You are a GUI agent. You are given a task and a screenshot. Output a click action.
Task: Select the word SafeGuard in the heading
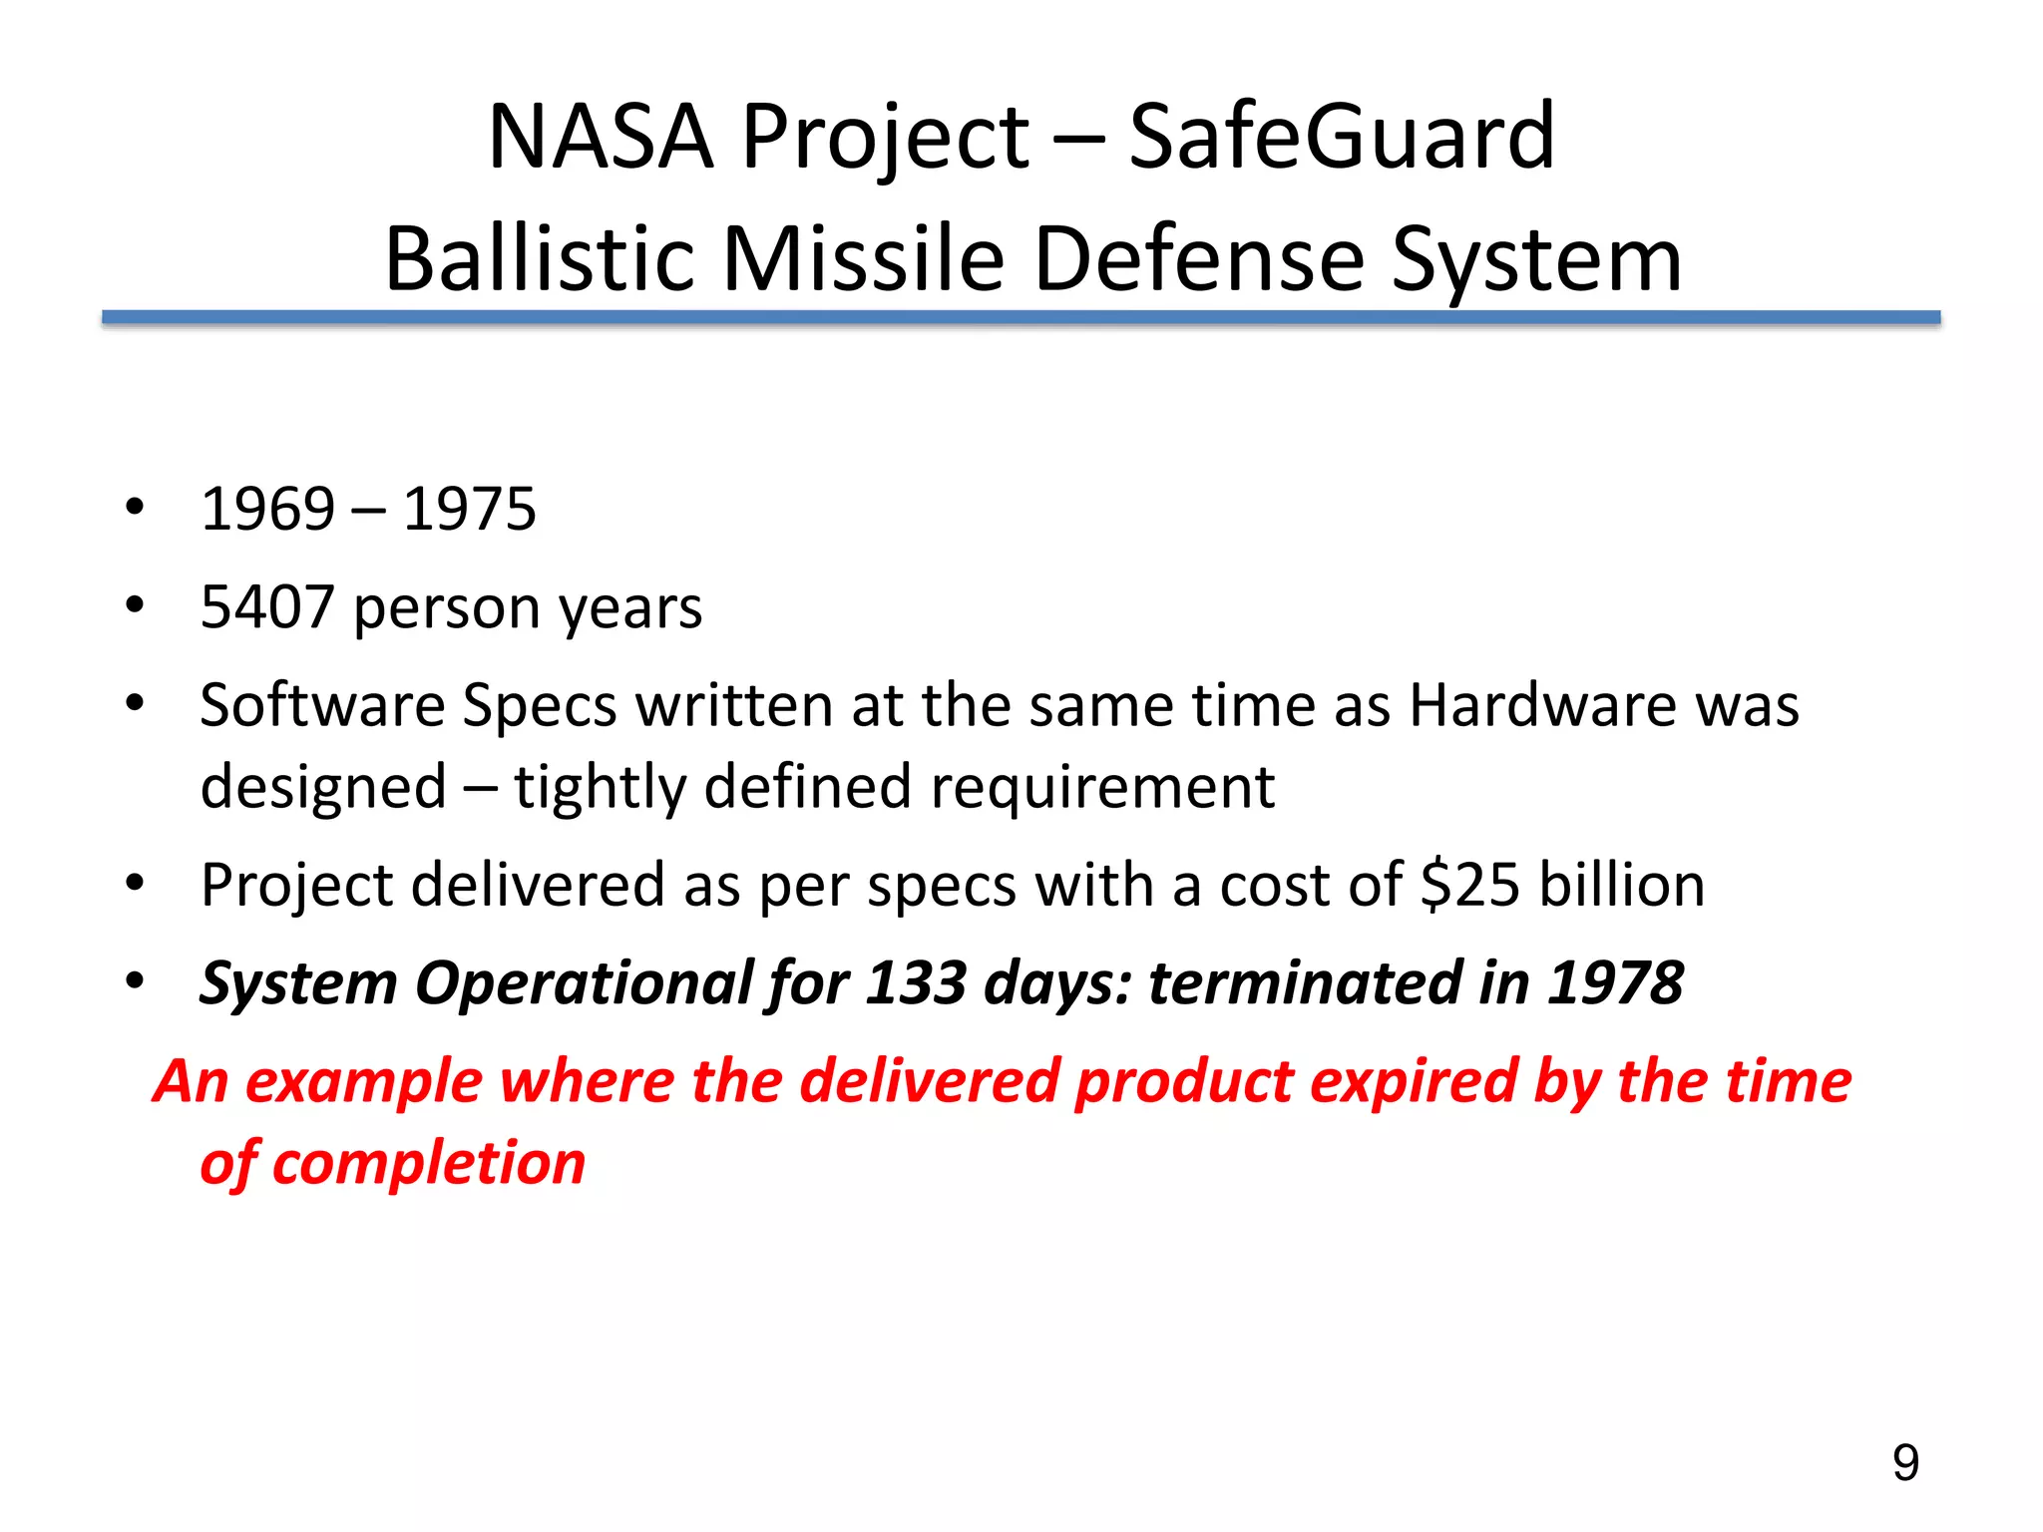click(1341, 138)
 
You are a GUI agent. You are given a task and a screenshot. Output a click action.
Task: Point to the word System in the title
click(1536, 259)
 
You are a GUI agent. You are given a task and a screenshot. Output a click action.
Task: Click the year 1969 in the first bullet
click(267, 510)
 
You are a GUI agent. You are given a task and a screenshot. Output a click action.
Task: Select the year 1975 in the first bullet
click(469, 510)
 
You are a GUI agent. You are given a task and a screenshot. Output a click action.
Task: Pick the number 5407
click(267, 607)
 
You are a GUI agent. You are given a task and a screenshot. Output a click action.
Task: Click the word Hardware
click(1542, 705)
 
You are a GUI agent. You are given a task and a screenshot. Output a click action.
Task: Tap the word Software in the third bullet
click(322, 705)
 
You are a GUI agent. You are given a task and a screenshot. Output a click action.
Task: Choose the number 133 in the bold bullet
click(916, 983)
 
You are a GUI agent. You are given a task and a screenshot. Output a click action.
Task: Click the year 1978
click(1615, 983)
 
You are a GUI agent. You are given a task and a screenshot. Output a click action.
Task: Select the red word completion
click(429, 1163)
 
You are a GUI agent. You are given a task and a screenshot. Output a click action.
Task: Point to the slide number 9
click(1905, 1463)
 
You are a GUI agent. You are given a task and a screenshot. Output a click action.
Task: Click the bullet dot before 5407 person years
click(136, 605)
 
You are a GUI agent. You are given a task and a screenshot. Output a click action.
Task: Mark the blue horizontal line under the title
click(1021, 317)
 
